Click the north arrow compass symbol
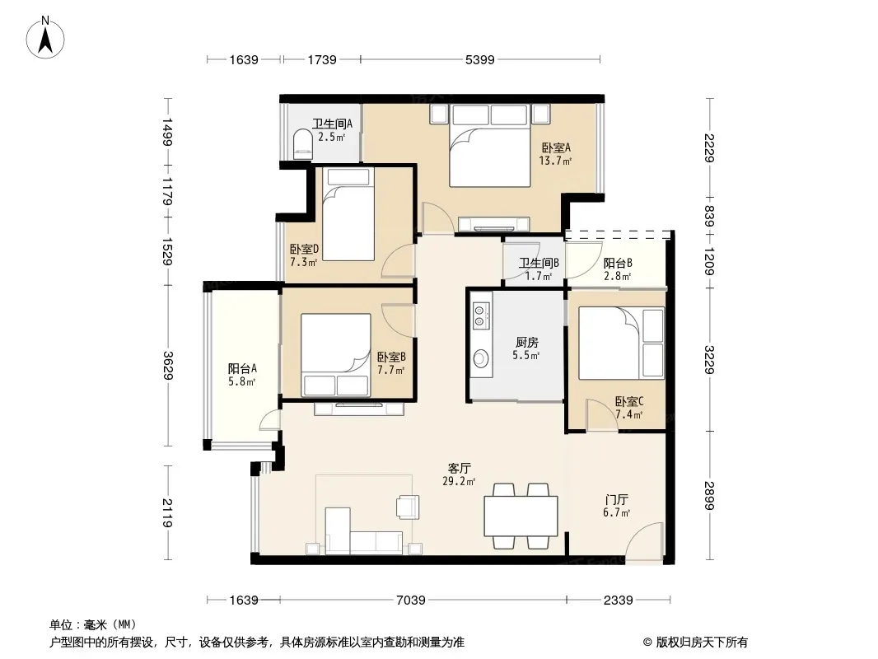45,37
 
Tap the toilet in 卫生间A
303,143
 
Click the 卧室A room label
555,148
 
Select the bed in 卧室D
348,214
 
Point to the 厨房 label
526,342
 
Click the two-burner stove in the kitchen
481,315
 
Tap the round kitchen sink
481,358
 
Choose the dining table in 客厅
521,516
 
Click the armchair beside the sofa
407,507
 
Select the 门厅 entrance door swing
644,541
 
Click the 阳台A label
242,369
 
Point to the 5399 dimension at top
480,60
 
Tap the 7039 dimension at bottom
411,601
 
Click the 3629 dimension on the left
167,365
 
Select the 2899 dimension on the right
709,496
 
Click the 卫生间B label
539,263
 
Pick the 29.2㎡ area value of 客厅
459,481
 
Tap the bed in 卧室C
622,344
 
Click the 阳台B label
618,263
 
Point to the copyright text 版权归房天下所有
701,643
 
